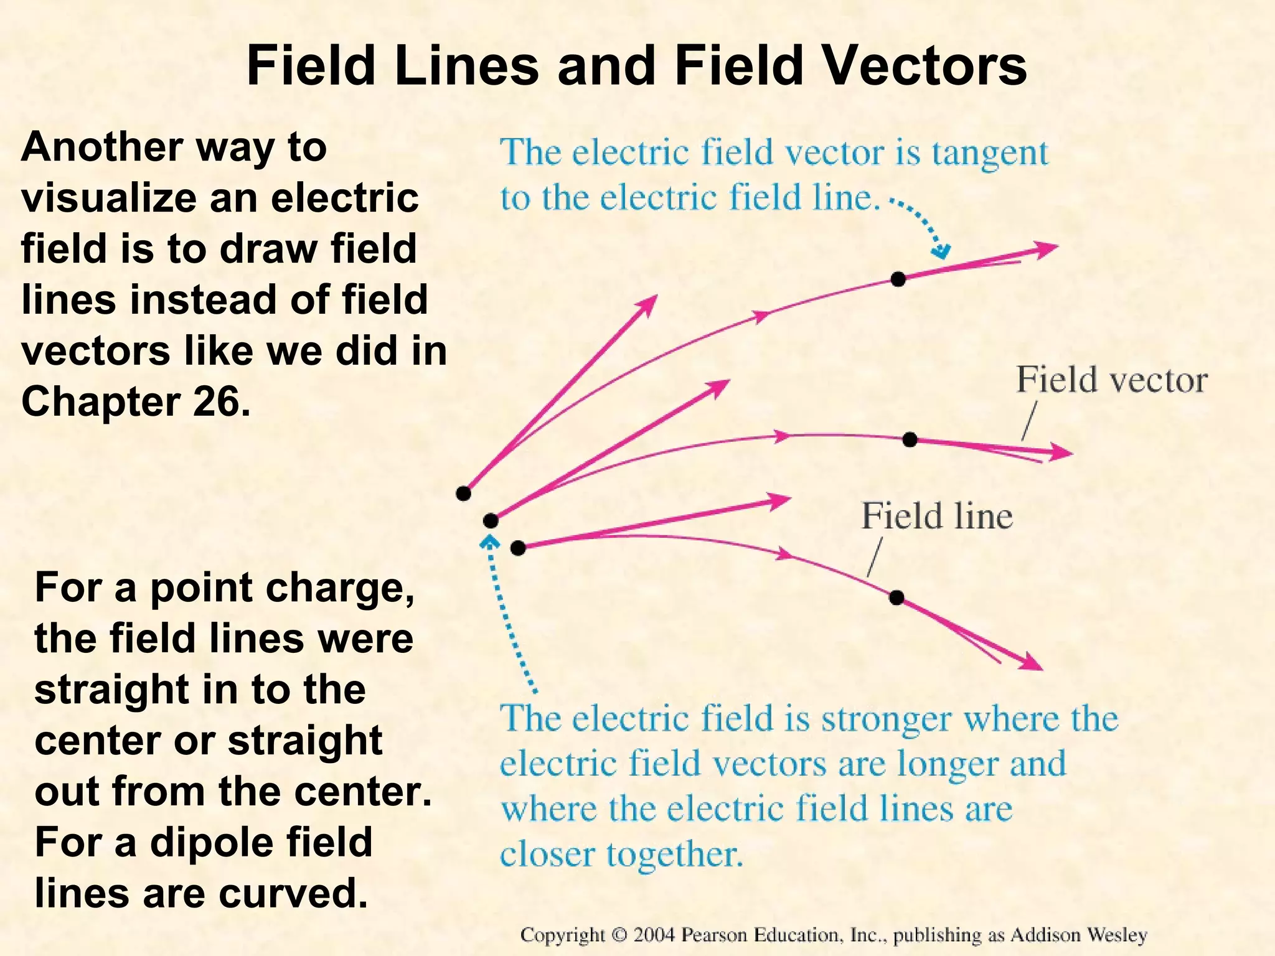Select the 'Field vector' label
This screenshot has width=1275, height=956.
pos(1111,380)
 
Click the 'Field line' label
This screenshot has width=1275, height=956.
pos(936,516)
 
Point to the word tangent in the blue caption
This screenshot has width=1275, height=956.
pos(990,154)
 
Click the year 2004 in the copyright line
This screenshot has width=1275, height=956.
pos(654,935)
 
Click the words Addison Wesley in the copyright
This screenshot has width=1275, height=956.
pos(1078,935)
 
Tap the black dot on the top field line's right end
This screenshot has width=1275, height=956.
pos(898,279)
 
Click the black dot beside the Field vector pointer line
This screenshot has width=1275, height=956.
pos(910,439)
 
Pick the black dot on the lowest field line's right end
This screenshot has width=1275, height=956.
pos(896,597)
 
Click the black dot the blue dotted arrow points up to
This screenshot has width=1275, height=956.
pos(491,520)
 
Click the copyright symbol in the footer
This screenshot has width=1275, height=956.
pos(619,935)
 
